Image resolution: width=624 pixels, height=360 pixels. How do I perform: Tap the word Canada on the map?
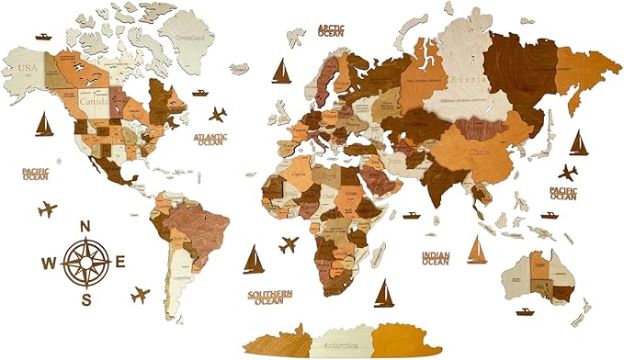94,103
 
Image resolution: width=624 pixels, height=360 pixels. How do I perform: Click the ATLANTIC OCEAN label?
210,139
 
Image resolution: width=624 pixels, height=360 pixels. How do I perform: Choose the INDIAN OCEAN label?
436,258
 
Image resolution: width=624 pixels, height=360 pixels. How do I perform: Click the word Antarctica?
340,345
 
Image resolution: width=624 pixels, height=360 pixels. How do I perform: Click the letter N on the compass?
85,226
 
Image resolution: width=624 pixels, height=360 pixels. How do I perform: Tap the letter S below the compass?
85,299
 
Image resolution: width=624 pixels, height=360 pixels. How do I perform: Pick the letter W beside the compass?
49,263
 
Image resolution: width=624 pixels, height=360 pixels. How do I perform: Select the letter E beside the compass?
120,263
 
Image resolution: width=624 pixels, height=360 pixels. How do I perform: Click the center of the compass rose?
85,262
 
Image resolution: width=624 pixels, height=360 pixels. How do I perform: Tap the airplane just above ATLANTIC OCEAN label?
218,115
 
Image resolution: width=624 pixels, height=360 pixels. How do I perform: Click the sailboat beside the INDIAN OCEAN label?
477,251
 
